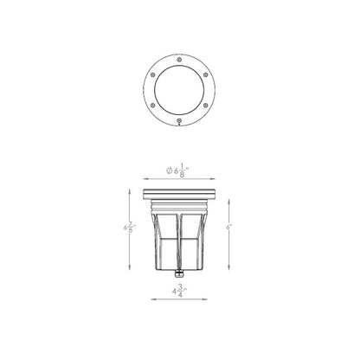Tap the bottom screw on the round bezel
(179, 120)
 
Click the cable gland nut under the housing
(179, 273)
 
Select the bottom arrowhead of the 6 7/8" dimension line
(129, 269)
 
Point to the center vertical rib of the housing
(179, 234)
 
